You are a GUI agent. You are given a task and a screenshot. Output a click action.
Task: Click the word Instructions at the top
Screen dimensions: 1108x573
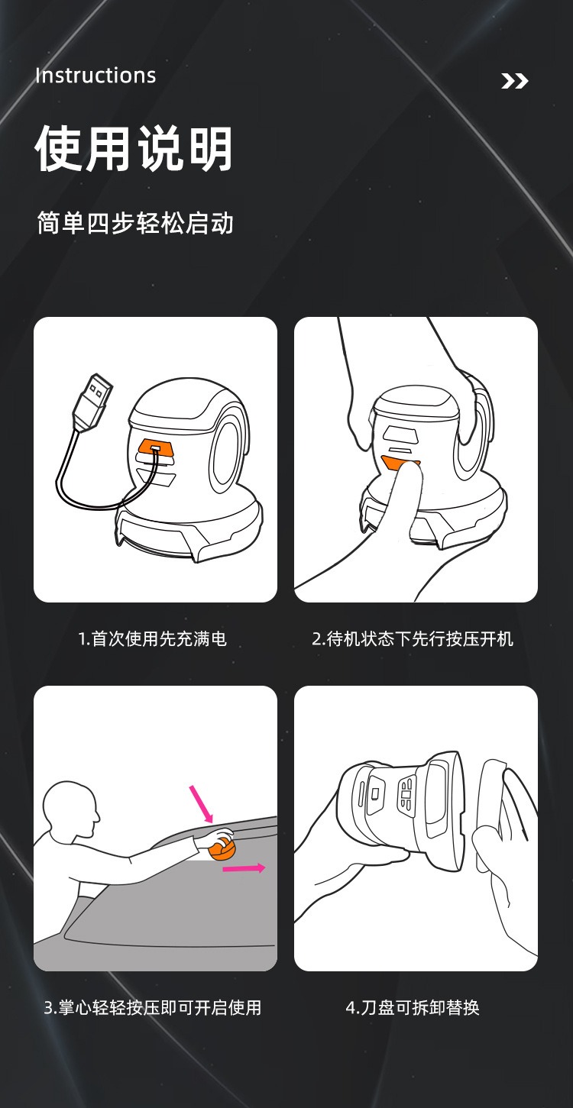click(x=95, y=76)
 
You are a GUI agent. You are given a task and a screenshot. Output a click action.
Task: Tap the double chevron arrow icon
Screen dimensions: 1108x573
click(x=514, y=81)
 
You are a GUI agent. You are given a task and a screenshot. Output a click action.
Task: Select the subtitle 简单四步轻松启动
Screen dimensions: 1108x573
click(x=135, y=223)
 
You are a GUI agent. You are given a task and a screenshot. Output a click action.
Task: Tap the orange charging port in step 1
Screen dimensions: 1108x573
click(x=154, y=448)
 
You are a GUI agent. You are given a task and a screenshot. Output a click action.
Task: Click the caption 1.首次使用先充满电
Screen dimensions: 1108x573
click(x=153, y=638)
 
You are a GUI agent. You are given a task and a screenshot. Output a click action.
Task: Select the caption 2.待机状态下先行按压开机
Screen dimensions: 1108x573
click(x=413, y=638)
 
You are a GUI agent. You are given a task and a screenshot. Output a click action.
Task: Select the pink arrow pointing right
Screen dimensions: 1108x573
click(x=244, y=868)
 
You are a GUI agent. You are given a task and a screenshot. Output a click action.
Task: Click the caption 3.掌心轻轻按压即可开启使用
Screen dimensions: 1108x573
click(x=153, y=1007)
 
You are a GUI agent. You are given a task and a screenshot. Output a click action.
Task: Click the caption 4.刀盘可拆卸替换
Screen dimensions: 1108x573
click(x=413, y=1007)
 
